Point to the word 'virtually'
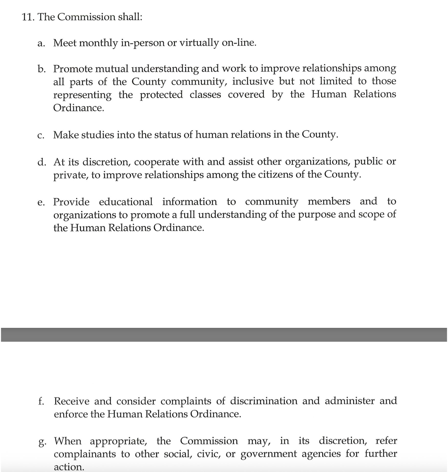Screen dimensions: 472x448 pos(199,43)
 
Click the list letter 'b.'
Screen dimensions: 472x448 pos(41,69)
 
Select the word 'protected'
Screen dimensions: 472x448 pos(161,95)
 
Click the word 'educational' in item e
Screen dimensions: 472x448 pos(126,202)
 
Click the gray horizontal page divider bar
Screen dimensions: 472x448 pos(224,335)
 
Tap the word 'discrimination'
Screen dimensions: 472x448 pos(264,401)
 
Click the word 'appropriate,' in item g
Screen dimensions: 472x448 pos(118,441)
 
